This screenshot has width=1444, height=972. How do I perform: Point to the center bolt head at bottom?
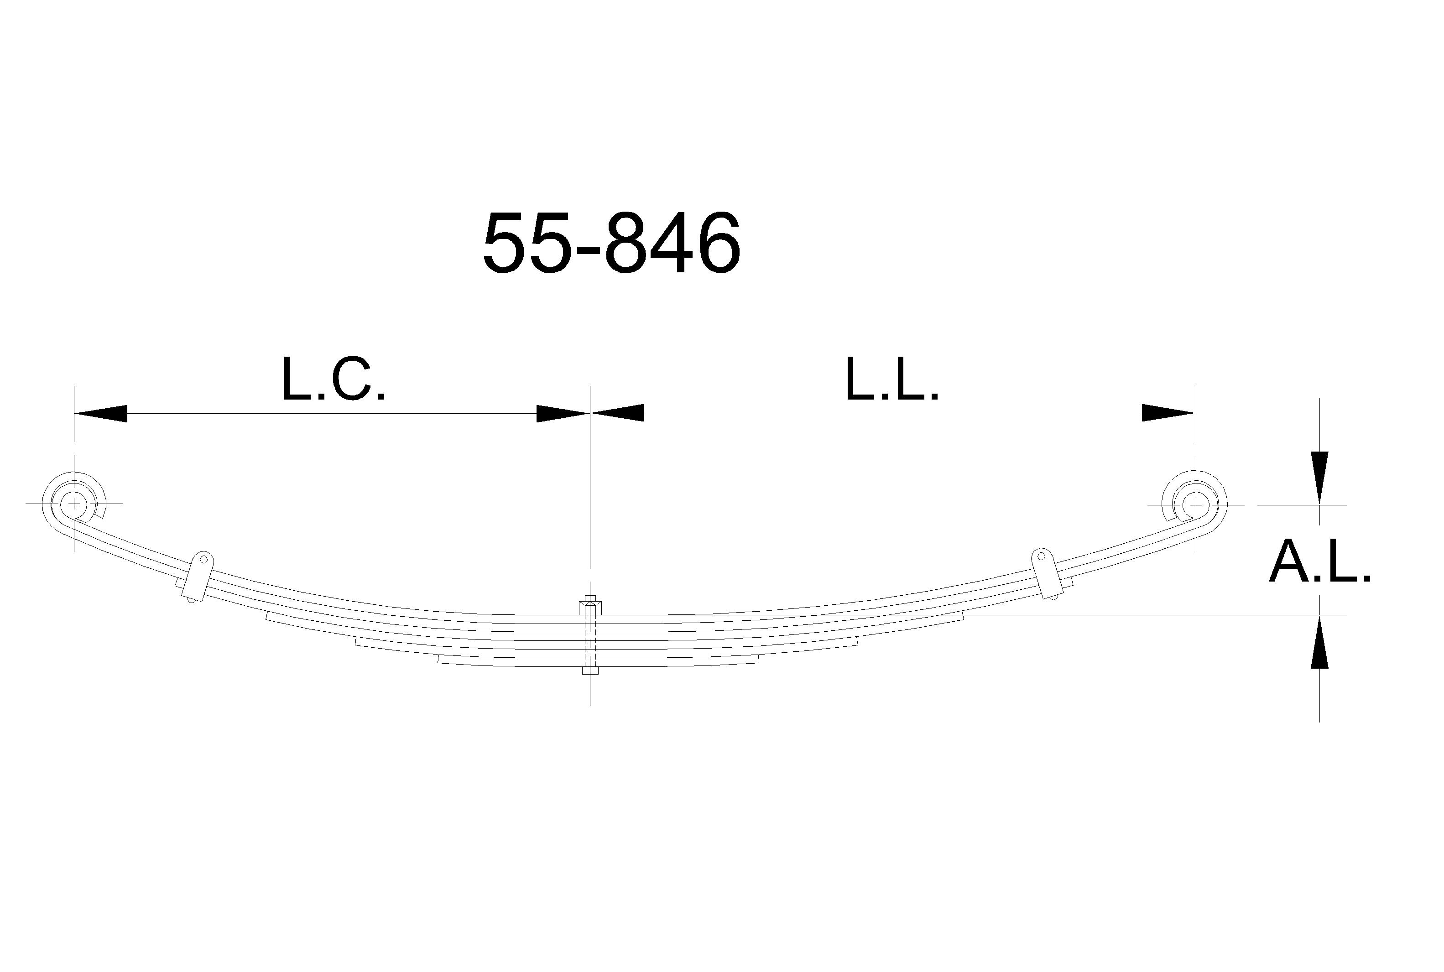(x=589, y=670)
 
